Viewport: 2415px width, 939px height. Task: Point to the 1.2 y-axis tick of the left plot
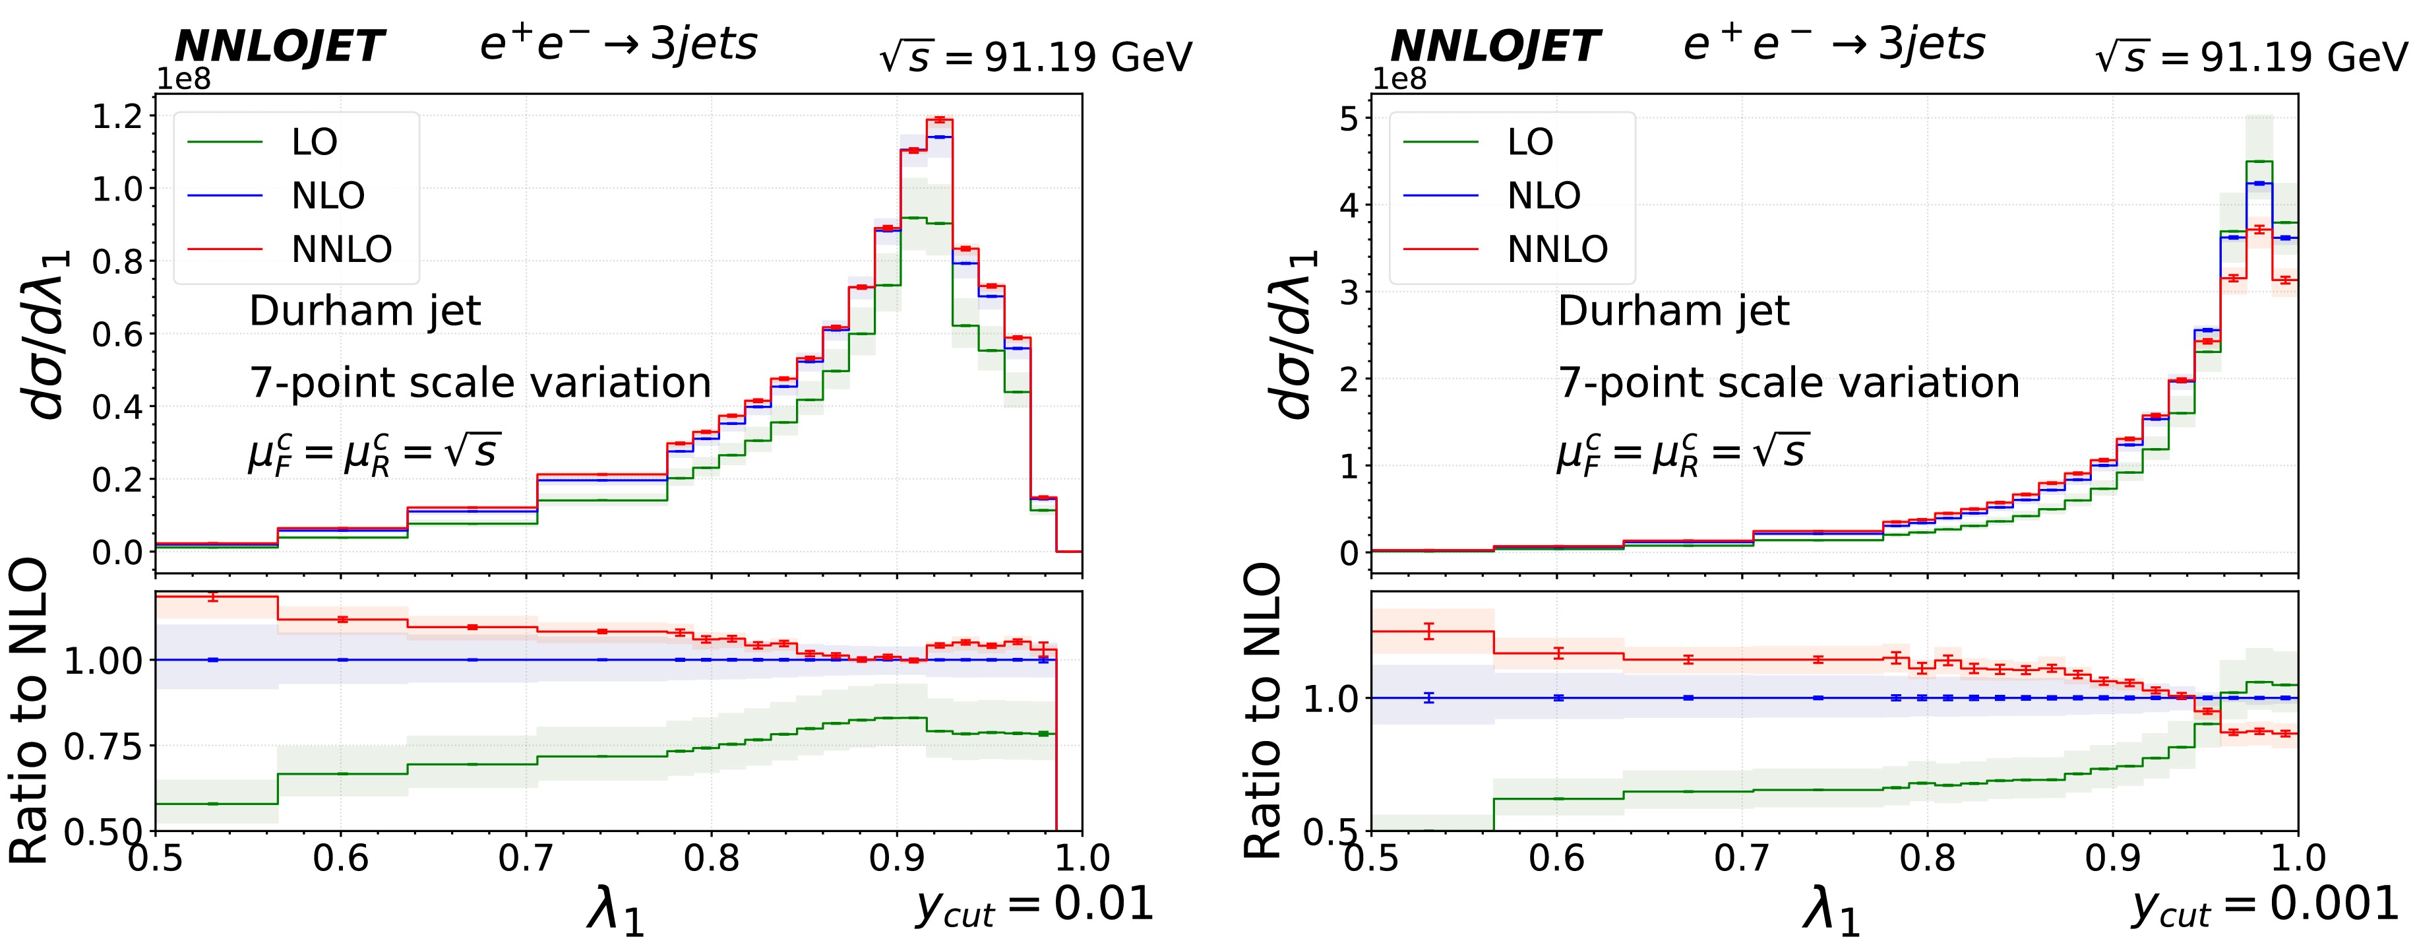[117, 116]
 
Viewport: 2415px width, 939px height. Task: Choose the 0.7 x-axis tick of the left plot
[526, 857]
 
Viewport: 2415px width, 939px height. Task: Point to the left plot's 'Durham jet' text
[365, 311]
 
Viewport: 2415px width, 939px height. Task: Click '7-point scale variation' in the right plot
[1788, 383]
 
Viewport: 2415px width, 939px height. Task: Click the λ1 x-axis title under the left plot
[616, 910]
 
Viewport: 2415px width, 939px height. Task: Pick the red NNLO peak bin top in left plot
[939, 119]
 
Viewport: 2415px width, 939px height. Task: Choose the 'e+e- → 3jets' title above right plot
[1834, 45]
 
